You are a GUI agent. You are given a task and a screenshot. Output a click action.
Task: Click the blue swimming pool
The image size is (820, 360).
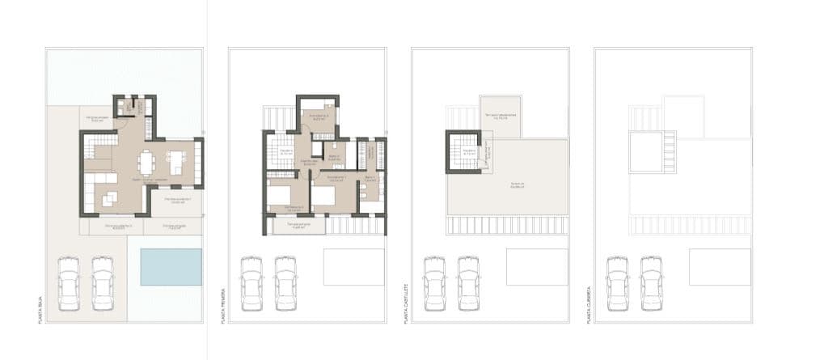tap(171, 266)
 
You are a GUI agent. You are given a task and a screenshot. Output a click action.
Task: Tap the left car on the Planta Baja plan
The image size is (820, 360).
tap(69, 283)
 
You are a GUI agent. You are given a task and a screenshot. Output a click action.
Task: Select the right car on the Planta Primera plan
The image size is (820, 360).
tap(285, 283)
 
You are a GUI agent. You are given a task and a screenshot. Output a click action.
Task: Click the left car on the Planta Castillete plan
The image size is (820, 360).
tap(434, 283)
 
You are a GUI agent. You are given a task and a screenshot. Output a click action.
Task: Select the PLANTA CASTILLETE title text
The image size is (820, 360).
tap(406, 303)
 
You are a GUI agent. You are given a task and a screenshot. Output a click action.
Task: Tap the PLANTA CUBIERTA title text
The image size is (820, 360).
tap(589, 304)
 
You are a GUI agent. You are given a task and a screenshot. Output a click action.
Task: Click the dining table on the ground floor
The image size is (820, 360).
tap(146, 163)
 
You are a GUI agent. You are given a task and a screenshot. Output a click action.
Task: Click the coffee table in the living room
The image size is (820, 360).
tap(109, 197)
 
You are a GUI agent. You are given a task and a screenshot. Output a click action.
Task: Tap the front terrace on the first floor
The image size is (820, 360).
tap(299, 226)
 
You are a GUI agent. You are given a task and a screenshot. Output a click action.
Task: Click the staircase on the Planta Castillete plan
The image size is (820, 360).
tap(467, 152)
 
